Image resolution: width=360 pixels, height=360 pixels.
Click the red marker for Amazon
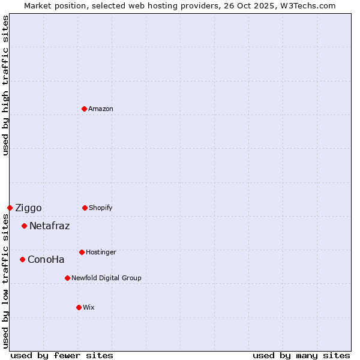(85, 109)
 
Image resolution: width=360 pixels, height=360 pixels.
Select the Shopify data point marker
(85, 208)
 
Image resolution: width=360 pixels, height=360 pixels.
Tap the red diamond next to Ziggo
(10, 208)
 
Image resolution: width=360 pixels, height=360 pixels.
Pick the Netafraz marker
(24, 226)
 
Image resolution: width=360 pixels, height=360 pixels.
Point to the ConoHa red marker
(22, 259)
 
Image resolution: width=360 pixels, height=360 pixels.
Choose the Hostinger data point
(82, 252)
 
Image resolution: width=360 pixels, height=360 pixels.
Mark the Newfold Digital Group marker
(67, 278)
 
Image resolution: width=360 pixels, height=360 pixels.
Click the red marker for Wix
(79, 307)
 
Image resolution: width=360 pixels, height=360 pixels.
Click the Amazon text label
(101, 109)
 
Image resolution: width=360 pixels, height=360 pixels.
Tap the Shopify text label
(101, 208)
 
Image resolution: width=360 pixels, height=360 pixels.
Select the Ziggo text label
(28, 208)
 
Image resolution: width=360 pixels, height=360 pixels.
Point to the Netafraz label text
(49, 226)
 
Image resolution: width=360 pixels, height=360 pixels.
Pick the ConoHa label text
(46, 260)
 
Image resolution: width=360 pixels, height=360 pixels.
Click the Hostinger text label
(101, 252)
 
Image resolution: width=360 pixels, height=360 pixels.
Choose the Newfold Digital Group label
(106, 278)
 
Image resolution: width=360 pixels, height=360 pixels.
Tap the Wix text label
(89, 307)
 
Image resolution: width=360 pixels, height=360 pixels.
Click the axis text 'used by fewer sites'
(62, 355)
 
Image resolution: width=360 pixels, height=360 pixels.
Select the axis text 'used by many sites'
(301, 355)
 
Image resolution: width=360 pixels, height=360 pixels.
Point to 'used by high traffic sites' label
(5, 85)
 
